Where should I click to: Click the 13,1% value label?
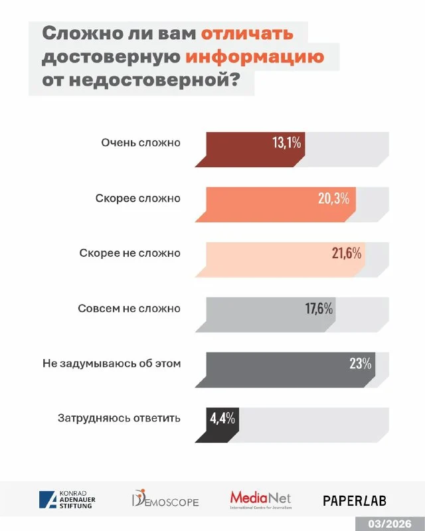(287, 143)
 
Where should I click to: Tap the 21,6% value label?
(345, 253)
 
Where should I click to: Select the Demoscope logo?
(165, 500)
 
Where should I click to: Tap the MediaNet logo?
(260, 499)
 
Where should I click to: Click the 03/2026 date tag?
(393, 521)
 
